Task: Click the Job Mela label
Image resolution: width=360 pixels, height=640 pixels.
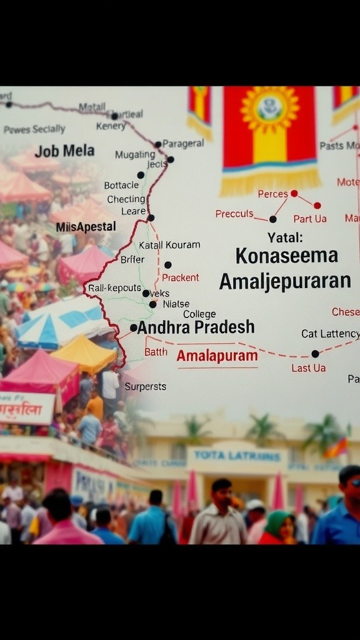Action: [64, 151]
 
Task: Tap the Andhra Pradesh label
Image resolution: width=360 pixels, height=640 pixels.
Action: [196, 327]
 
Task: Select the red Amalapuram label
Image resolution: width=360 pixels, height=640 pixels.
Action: [217, 356]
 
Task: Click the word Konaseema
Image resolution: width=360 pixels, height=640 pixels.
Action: [287, 255]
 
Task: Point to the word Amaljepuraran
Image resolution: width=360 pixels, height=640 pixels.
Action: [284, 281]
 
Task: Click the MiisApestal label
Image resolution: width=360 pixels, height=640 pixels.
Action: [86, 226]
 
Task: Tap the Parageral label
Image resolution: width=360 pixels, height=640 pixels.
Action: [183, 143]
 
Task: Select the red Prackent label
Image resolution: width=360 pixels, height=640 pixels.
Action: [180, 277]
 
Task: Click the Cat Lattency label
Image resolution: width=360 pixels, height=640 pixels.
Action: [330, 334]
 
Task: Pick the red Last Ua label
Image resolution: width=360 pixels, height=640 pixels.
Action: [308, 368]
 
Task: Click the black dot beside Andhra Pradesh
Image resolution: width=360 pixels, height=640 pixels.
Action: [133, 327]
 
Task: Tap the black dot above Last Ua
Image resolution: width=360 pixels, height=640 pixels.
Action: [315, 354]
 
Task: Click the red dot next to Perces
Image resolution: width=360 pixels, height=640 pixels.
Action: [294, 193]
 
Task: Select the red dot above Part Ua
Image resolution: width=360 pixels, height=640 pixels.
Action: [317, 205]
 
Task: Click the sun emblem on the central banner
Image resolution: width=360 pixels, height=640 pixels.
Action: [270, 109]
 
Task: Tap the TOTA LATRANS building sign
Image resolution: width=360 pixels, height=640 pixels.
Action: [236, 455]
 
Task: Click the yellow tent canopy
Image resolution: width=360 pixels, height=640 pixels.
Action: [84, 353]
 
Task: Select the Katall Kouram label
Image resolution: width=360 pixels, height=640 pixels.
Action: [169, 245]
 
